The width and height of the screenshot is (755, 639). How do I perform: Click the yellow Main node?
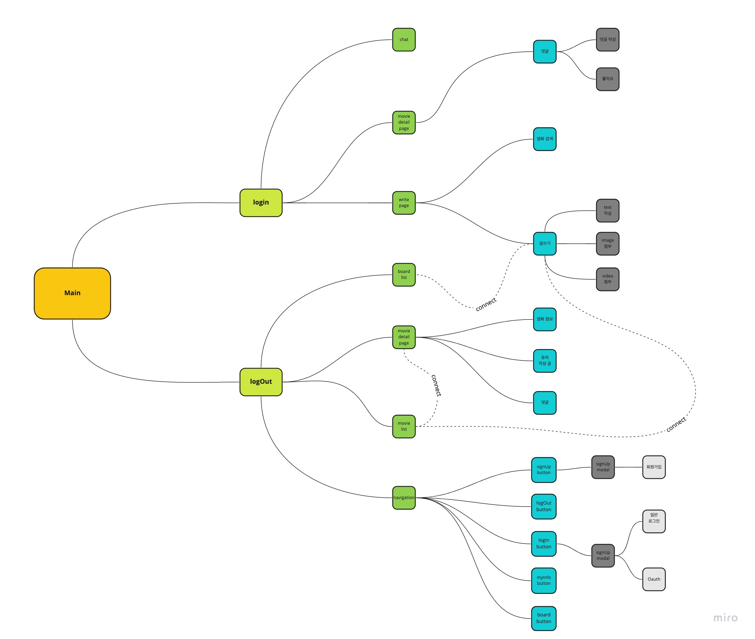[x=72, y=293]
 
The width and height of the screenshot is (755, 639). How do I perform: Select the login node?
[x=261, y=202]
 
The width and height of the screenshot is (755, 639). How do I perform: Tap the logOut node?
[x=261, y=382]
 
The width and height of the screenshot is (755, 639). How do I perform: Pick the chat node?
[x=403, y=40]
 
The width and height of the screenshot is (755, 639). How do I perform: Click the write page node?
[x=403, y=202]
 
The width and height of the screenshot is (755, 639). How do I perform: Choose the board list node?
[x=403, y=275]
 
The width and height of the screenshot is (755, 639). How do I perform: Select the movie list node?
[x=403, y=426]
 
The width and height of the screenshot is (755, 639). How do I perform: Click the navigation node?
[x=403, y=498]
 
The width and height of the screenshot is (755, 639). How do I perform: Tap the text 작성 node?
[x=607, y=210]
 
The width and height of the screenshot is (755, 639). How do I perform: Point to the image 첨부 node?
[x=607, y=243]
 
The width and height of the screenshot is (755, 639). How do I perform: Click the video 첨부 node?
[x=607, y=279]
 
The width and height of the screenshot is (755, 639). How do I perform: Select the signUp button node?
[x=544, y=470]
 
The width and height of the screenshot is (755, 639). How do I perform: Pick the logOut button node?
[x=544, y=506]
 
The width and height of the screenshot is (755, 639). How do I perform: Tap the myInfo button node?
[x=544, y=580]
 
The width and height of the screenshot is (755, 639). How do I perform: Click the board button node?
[x=544, y=619]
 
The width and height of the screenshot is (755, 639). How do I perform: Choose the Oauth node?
[x=654, y=579]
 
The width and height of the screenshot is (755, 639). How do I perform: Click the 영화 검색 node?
[x=544, y=139]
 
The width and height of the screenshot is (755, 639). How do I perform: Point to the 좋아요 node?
[x=607, y=79]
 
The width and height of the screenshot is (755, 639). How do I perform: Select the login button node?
[x=544, y=544]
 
